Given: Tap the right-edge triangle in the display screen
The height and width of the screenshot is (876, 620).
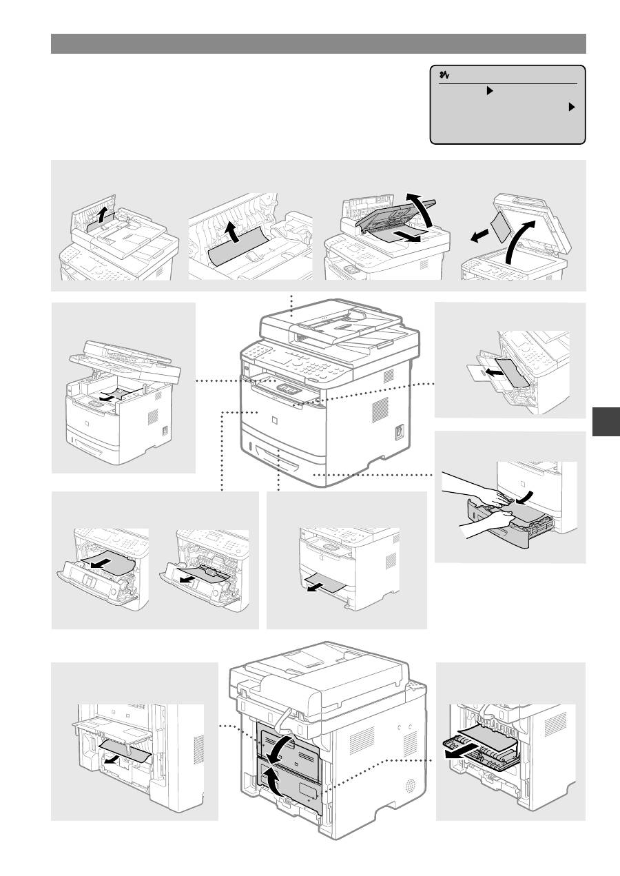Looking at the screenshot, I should [571, 108].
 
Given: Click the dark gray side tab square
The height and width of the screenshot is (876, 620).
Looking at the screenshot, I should [606, 422].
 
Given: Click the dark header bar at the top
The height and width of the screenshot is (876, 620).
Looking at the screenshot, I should [318, 43].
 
